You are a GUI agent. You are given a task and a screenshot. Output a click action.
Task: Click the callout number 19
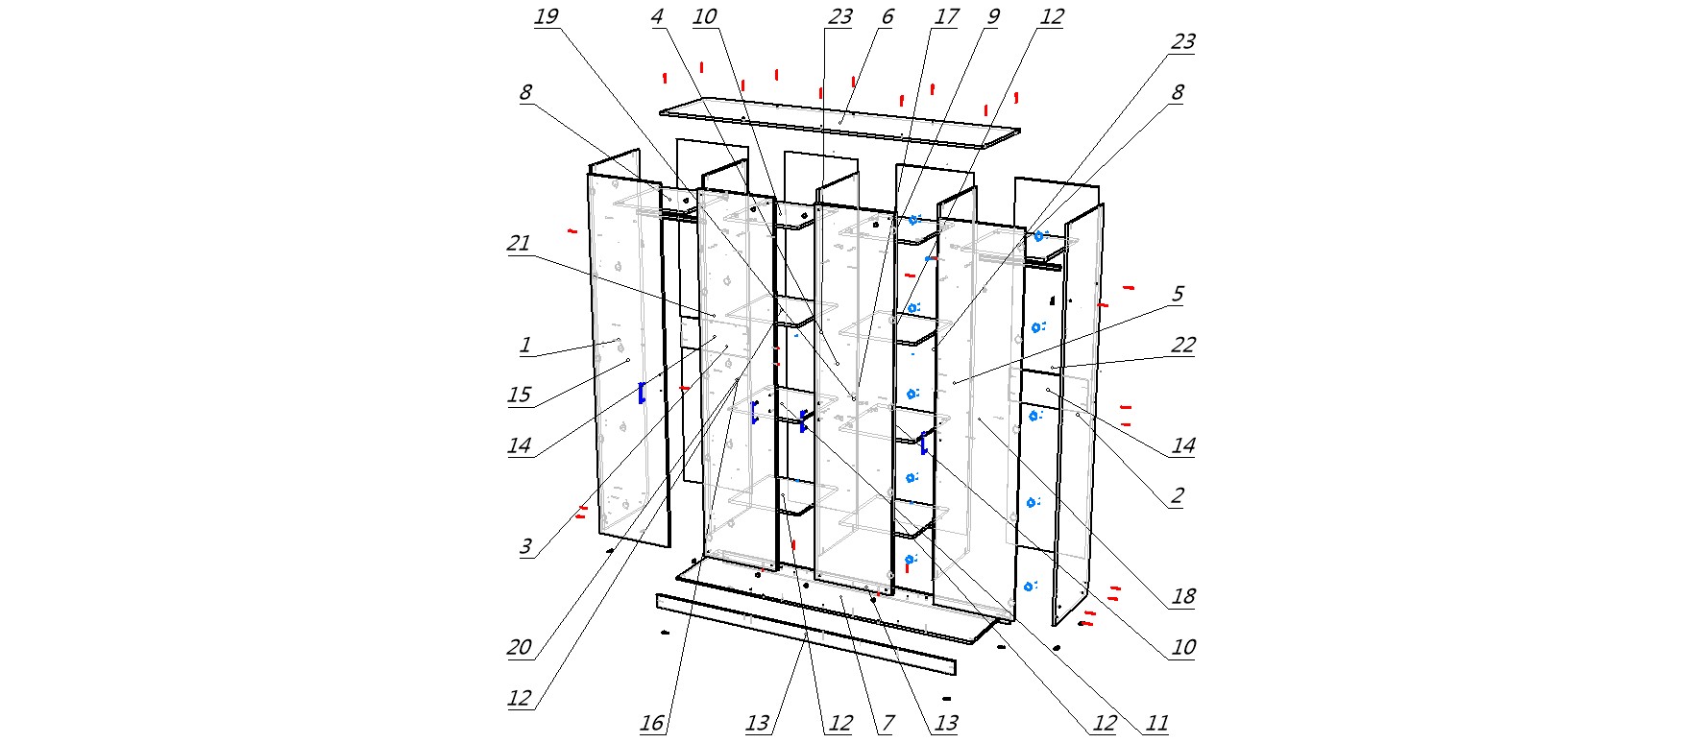tap(547, 17)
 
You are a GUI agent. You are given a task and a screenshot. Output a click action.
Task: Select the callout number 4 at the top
tap(657, 17)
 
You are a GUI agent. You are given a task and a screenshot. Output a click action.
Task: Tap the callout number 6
tap(887, 17)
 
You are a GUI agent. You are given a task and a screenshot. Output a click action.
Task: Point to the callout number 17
tap(946, 17)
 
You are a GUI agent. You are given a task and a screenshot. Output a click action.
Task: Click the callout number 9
tap(993, 17)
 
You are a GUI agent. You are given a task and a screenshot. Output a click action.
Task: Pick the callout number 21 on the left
tap(519, 244)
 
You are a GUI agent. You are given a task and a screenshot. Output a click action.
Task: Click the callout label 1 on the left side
tap(524, 346)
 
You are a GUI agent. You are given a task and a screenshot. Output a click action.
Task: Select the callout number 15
tap(519, 395)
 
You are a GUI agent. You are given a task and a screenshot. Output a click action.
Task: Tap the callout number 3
tap(525, 547)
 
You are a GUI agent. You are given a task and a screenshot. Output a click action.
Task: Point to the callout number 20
tap(519, 648)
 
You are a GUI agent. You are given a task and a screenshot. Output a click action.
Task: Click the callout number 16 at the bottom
tap(652, 724)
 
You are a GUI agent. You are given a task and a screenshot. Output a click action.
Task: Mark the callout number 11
tap(1157, 724)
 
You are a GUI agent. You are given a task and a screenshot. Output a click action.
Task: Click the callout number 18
tap(1183, 597)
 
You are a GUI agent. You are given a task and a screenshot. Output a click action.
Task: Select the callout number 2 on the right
tap(1177, 496)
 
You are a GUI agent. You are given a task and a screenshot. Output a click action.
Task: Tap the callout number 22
tap(1183, 346)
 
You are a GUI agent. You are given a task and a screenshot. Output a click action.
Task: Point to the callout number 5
tap(1178, 295)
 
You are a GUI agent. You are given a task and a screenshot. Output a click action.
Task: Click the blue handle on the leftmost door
tap(642, 392)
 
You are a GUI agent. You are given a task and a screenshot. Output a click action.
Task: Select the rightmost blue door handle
tap(923, 443)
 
